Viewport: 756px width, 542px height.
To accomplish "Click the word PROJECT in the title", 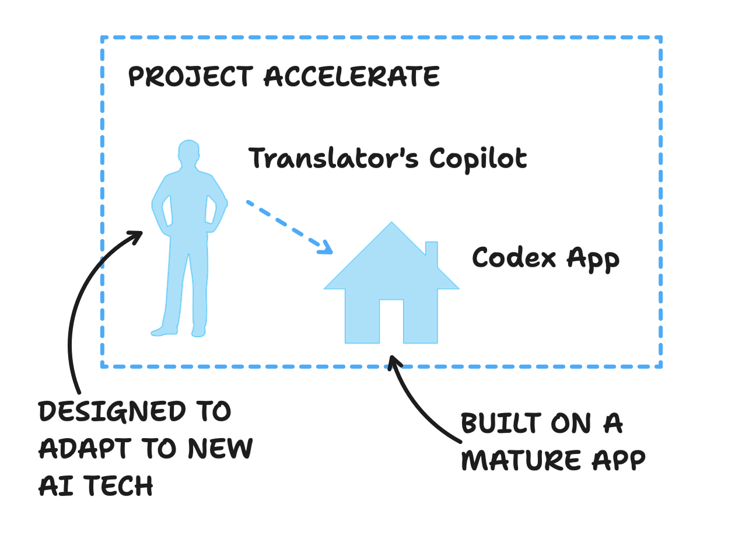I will pyautogui.click(x=190, y=76).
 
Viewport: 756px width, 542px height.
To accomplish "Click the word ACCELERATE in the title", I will pyautogui.click(x=352, y=76).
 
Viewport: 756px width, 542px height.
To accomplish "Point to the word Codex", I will pyautogui.click(x=513, y=257).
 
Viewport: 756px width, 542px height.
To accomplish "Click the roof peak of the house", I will pyautogui.click(x=391, y=225).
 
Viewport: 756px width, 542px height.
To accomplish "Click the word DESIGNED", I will pyautogui.click(x=113, y=412).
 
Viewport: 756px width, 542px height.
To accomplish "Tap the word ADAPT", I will pyautogui.click(x=84, y=449).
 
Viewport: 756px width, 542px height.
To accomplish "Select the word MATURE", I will pyautogui.click(x=521, y=460).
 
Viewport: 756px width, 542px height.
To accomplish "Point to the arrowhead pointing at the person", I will pyautogui.click(x=136, y=235).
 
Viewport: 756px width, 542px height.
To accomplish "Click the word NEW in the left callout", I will pyautogui.click(x=220, y=449).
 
